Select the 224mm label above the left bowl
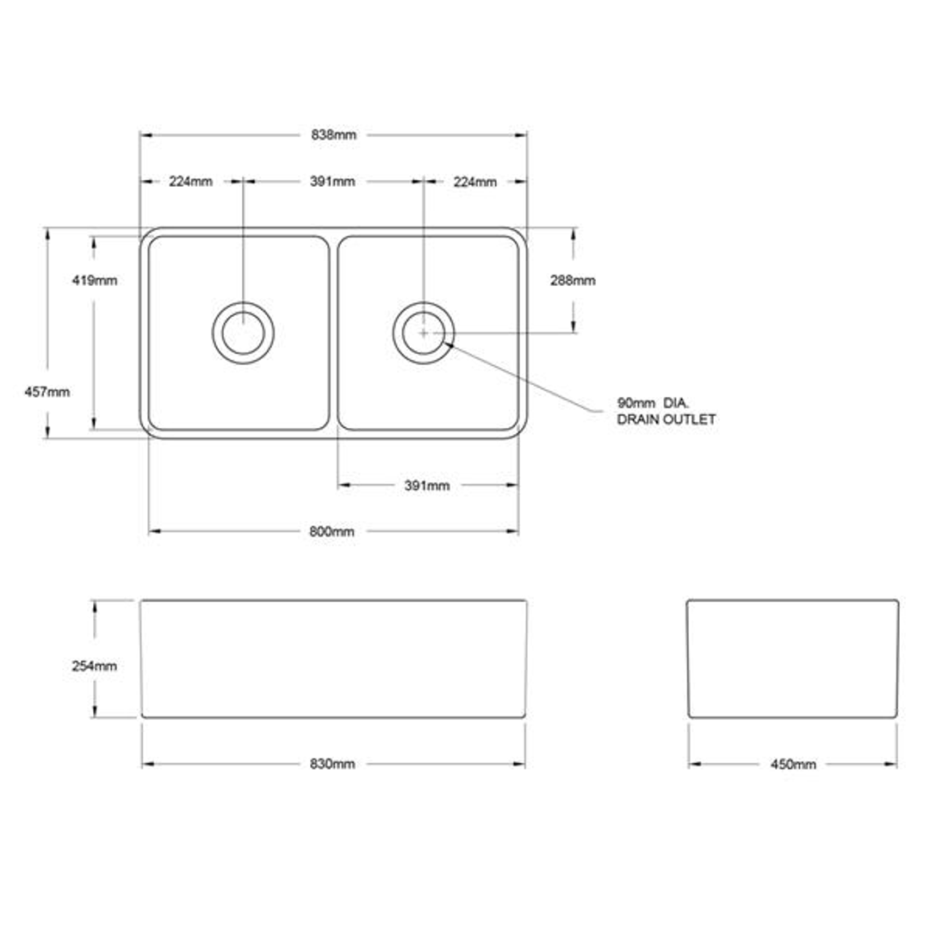coord(190,182)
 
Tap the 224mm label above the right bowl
coord(475,182)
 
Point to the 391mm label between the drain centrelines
coord(332,182)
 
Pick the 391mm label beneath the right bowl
coord(427,486)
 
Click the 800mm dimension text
coord(332,532)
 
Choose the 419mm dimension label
coord(96,281)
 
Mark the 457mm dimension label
coord(48,392)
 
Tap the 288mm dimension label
coord(573,281)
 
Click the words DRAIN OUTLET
coord(666,420)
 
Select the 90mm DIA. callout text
coord(654,403)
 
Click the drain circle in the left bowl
coord(244,332)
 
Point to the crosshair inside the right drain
coord(424,332)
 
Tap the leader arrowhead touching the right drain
coord(449,344)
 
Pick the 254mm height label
coord(95,666)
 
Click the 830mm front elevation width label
coord(332,765)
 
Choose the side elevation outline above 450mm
coord(792,659)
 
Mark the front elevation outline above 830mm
coord(333,659)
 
